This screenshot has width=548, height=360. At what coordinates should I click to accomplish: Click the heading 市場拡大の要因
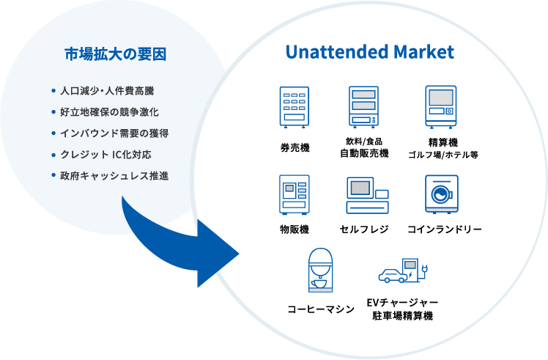[x=115, y=54]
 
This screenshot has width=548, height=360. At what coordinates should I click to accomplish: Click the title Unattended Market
[x=369, y=53]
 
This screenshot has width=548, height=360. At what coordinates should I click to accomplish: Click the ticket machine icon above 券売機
[x=295, y=107]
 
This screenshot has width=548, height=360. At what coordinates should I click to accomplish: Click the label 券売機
[x=295, y=147]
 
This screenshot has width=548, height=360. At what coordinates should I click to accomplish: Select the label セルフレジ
[x=364, y=229]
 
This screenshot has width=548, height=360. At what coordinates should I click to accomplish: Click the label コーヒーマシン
[x=320, y=309]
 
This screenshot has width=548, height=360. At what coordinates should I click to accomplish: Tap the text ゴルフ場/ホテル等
[x=443, y=155]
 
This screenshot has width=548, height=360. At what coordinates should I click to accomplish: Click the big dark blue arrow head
[x=216, y=255]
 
